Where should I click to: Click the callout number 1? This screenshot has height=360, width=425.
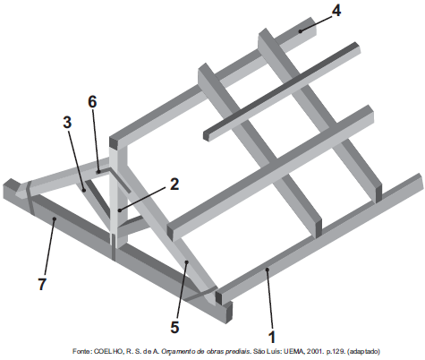[x=271, y=337]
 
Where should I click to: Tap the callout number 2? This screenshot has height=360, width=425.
[x=174, y=184]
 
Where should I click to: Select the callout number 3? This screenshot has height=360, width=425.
[x=67, y=122]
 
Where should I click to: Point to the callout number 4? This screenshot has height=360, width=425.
[x=336, y=11]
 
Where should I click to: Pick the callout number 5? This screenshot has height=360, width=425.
[x=174, y=328]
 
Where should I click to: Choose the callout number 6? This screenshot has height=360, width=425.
[x=92, y=102]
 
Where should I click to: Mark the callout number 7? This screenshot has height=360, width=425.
[x=42, y=284]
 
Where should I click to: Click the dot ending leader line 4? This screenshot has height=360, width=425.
[x=301, y=30]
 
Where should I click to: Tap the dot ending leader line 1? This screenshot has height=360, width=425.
[x=268, y=270]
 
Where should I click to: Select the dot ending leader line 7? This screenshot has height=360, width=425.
[x=55, y=219]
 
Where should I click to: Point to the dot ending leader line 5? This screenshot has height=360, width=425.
[x=187, y=261]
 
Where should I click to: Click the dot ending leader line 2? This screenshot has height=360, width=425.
[x=120, y=210]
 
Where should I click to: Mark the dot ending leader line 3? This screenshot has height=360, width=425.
[x=84, y=190]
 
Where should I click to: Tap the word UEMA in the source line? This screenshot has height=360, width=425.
[x=293, y=351]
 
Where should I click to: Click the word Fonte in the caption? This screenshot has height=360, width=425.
[x=82, y=351]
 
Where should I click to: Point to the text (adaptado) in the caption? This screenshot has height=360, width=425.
[x=363, y=351]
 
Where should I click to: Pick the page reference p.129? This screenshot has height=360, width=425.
[x=336, y=351]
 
